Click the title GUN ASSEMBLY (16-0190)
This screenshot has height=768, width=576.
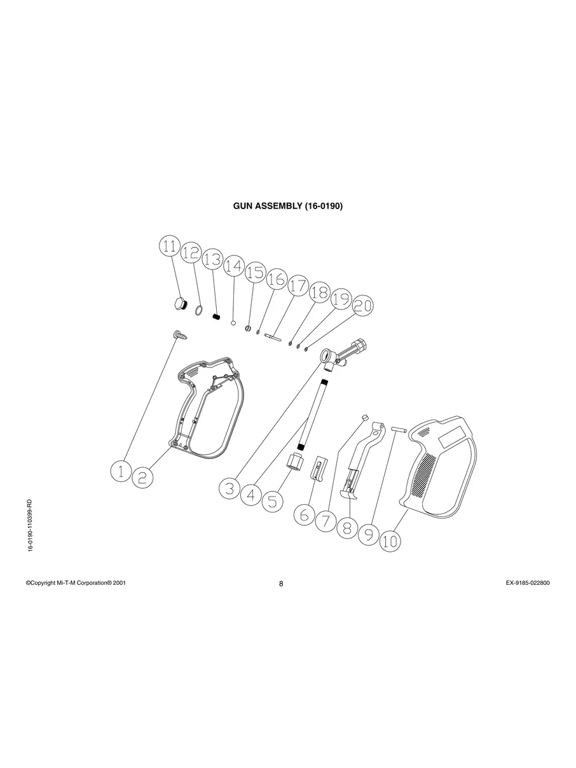pyautogui.click(x=288, y=206)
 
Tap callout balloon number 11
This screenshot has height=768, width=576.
pyautogui.click(x=169, y=247)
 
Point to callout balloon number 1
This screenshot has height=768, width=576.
pyautogui.click(x=120, y=471)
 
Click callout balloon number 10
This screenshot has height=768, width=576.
pyautogui.click(x=390, y=542)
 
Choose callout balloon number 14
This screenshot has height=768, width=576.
pyautogui.click(x=234, y=266)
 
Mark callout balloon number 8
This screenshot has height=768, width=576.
pyautogui.click(x=347, y=527)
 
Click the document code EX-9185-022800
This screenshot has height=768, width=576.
pyautogui.click(x=523, y=582)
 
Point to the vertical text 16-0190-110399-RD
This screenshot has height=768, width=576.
pyautogui.click(x=30, y=525)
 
